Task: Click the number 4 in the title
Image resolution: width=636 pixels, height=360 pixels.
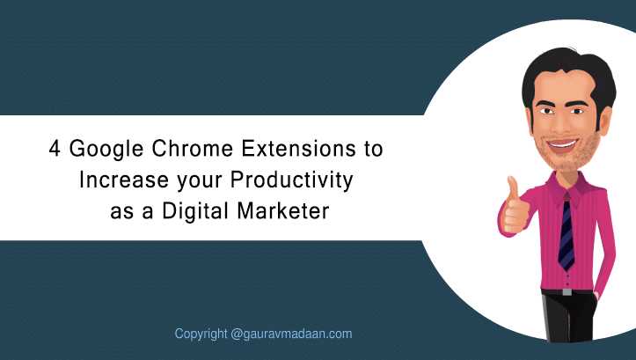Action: (x=55, y=149)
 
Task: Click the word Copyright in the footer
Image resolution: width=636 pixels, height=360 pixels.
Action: (x=201, y=334)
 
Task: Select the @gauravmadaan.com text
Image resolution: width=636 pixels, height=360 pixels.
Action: (x=292, y=334)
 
